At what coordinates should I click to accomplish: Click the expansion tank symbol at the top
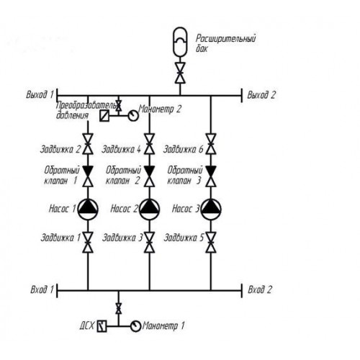coord(180,42)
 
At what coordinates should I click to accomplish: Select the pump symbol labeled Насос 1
coord(88,210)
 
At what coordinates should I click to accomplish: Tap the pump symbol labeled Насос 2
coord(150,210)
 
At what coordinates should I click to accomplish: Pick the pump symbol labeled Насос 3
coord(211,210)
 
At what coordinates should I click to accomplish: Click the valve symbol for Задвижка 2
coord(88,144)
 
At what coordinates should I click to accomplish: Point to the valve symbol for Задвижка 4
coord(150,144)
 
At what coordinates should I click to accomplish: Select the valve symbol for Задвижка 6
coord(211,144)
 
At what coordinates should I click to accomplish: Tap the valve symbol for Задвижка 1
coord(88,242)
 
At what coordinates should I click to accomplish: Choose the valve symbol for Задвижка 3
coord(150,242)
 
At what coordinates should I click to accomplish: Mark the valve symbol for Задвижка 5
coord(211,242)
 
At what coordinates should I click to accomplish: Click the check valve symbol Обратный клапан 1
coord(88,176)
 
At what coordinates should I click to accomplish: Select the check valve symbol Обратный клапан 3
coord(211,176)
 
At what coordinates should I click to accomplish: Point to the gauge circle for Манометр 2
coord(133,116)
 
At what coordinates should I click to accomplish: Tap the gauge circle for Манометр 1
coord(135,326)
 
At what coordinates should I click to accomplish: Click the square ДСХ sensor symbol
coord(102,326)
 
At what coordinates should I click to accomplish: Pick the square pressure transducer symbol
coord(104,116)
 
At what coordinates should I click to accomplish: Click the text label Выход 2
coord(261,95)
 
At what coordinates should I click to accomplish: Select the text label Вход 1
coord(42,289)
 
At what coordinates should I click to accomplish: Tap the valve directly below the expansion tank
coord(180,73)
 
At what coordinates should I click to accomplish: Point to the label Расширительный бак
coord(225,43)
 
